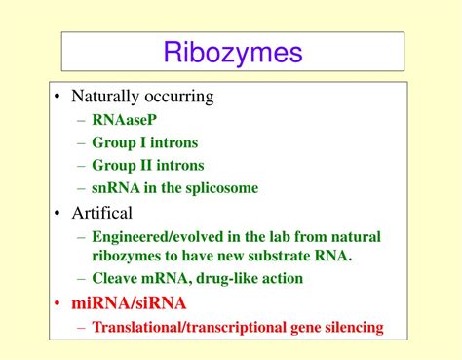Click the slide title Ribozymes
[232, 52]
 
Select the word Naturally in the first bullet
[106, 97]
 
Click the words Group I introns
[144, 142]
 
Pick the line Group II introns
[147, 165]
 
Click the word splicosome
[223, 187]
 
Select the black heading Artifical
[101, 212]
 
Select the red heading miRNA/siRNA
[129, 303]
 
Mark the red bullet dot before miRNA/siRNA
[60, 303]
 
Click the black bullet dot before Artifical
[60, 213]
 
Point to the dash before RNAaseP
[81, 120]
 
